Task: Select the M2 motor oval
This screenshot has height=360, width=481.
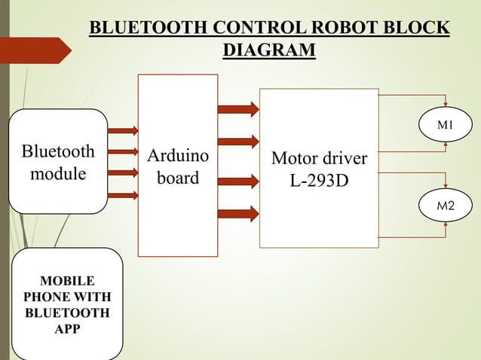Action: [446, 205]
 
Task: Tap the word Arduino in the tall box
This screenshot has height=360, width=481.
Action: [178, 157]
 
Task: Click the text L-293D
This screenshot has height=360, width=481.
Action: [319, 182]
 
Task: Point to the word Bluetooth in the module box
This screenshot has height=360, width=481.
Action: [58, 151]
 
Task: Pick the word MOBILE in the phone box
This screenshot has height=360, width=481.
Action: [67, 282]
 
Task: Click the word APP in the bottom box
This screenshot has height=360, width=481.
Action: [67, 329]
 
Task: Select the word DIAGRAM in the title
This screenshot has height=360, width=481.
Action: [269, 50]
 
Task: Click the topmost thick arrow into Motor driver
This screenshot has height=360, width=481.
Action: [238, 109]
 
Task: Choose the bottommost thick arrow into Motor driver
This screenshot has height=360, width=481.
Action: [238, 214]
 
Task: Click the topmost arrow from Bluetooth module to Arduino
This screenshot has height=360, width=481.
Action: [123, 130]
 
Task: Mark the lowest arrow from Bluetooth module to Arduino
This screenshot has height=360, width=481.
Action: [123, 196]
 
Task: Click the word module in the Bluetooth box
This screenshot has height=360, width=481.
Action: [57, 174]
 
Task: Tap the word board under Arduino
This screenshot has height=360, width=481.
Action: [178, 178]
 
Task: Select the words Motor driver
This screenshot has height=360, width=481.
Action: [319, 159]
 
